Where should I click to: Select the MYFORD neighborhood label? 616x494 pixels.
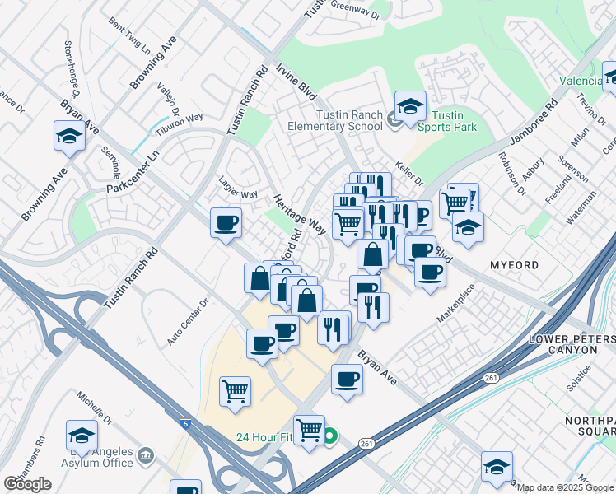(514, 265)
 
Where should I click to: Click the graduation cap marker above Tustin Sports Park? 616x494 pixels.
(410, 107)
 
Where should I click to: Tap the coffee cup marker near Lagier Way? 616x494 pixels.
(226, 222)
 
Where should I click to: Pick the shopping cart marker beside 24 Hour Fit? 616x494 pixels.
(309, 429)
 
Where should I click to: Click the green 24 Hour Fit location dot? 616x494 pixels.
(329, 436)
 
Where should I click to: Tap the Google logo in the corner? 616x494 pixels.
(27, 484)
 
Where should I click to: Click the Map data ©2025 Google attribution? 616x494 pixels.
(565, 487)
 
